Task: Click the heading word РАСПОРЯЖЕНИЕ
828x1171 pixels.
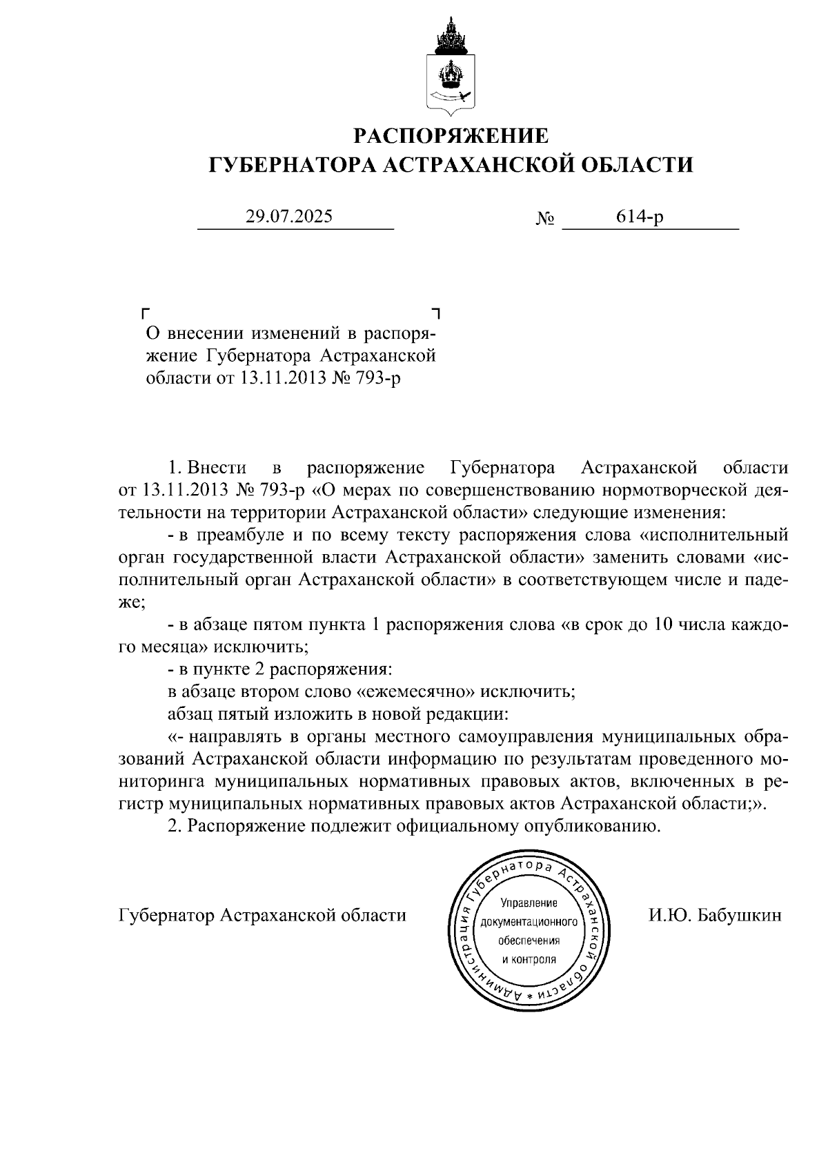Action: click(451, 136)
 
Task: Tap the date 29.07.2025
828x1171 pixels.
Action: click(289, 217)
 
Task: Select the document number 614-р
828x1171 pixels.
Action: click(640, 217)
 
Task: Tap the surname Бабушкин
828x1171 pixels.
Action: click(740, 916)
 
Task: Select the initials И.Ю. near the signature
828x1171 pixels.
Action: click(669, 916)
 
